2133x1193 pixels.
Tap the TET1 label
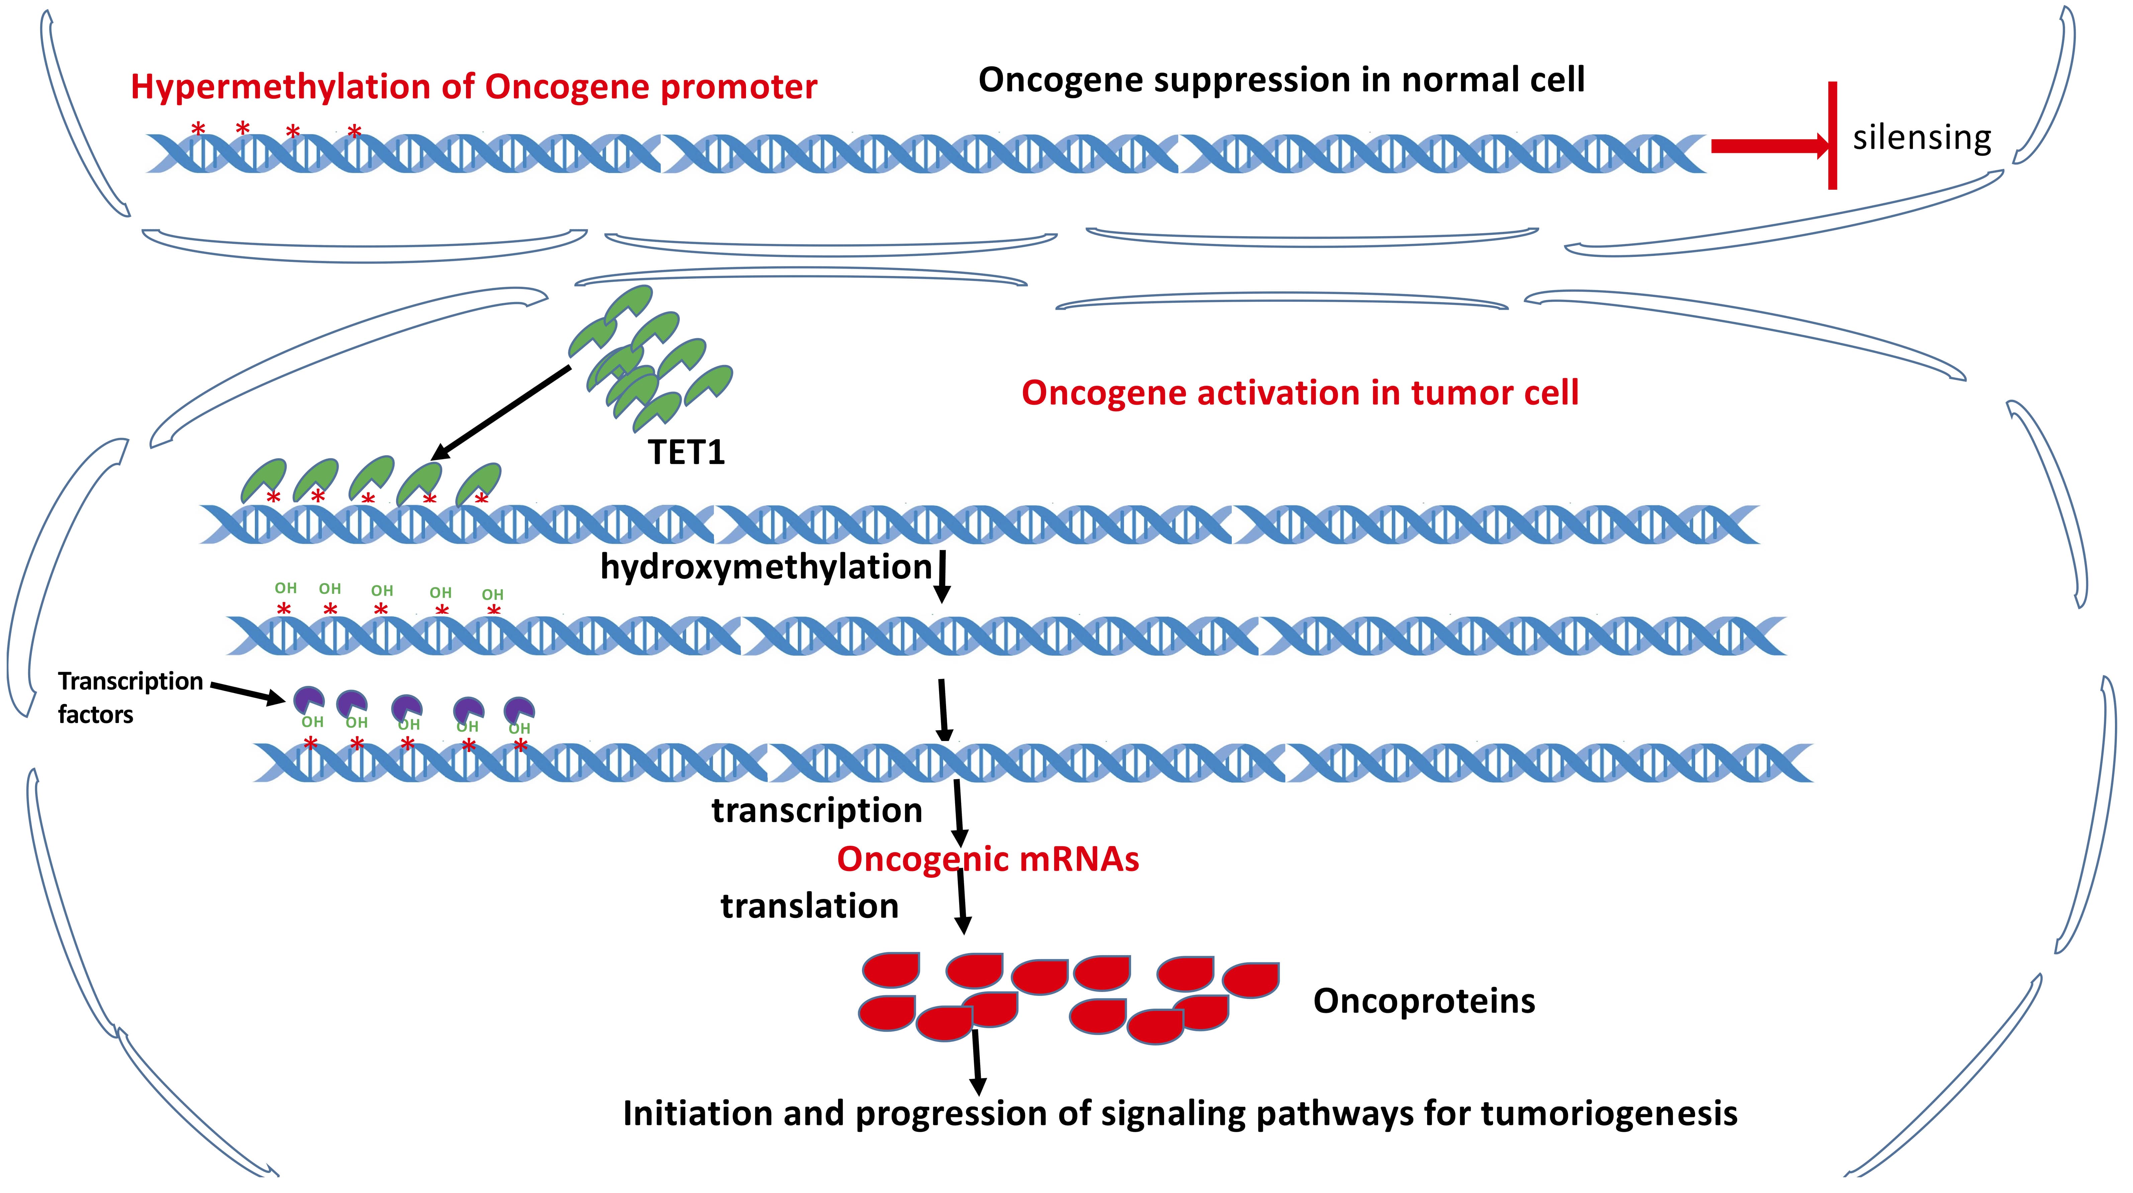686,452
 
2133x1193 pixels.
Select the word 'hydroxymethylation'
766,567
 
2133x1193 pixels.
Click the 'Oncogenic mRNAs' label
988,859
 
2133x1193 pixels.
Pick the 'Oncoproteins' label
1423,1001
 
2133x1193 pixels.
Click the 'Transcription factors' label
130,697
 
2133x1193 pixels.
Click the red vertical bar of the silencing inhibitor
1833,135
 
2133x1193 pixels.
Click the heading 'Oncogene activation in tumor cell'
1300,392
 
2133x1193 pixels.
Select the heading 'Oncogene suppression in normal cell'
1281,80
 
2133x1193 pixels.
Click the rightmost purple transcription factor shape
519,710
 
